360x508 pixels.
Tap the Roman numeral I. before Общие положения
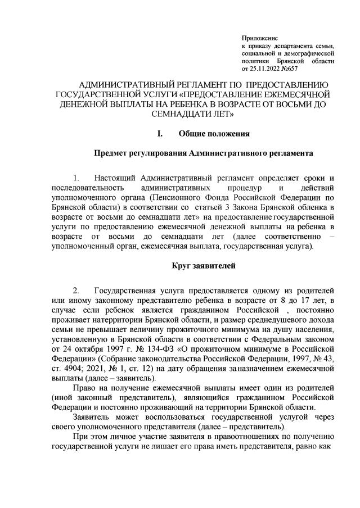click(160, 134)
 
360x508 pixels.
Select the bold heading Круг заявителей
click(203, 264)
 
